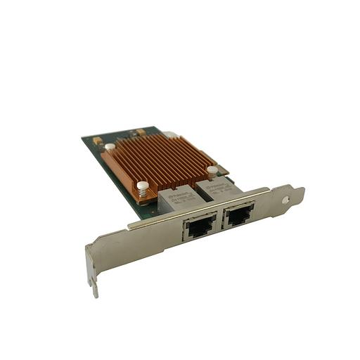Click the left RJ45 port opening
coord(198,228)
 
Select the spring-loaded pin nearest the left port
coord(143,188)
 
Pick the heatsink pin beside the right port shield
coord(212,169)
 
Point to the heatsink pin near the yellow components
coord(110,147)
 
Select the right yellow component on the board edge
coord(141,131)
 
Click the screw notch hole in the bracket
coord(285,199)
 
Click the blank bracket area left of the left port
coord(141,243)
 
